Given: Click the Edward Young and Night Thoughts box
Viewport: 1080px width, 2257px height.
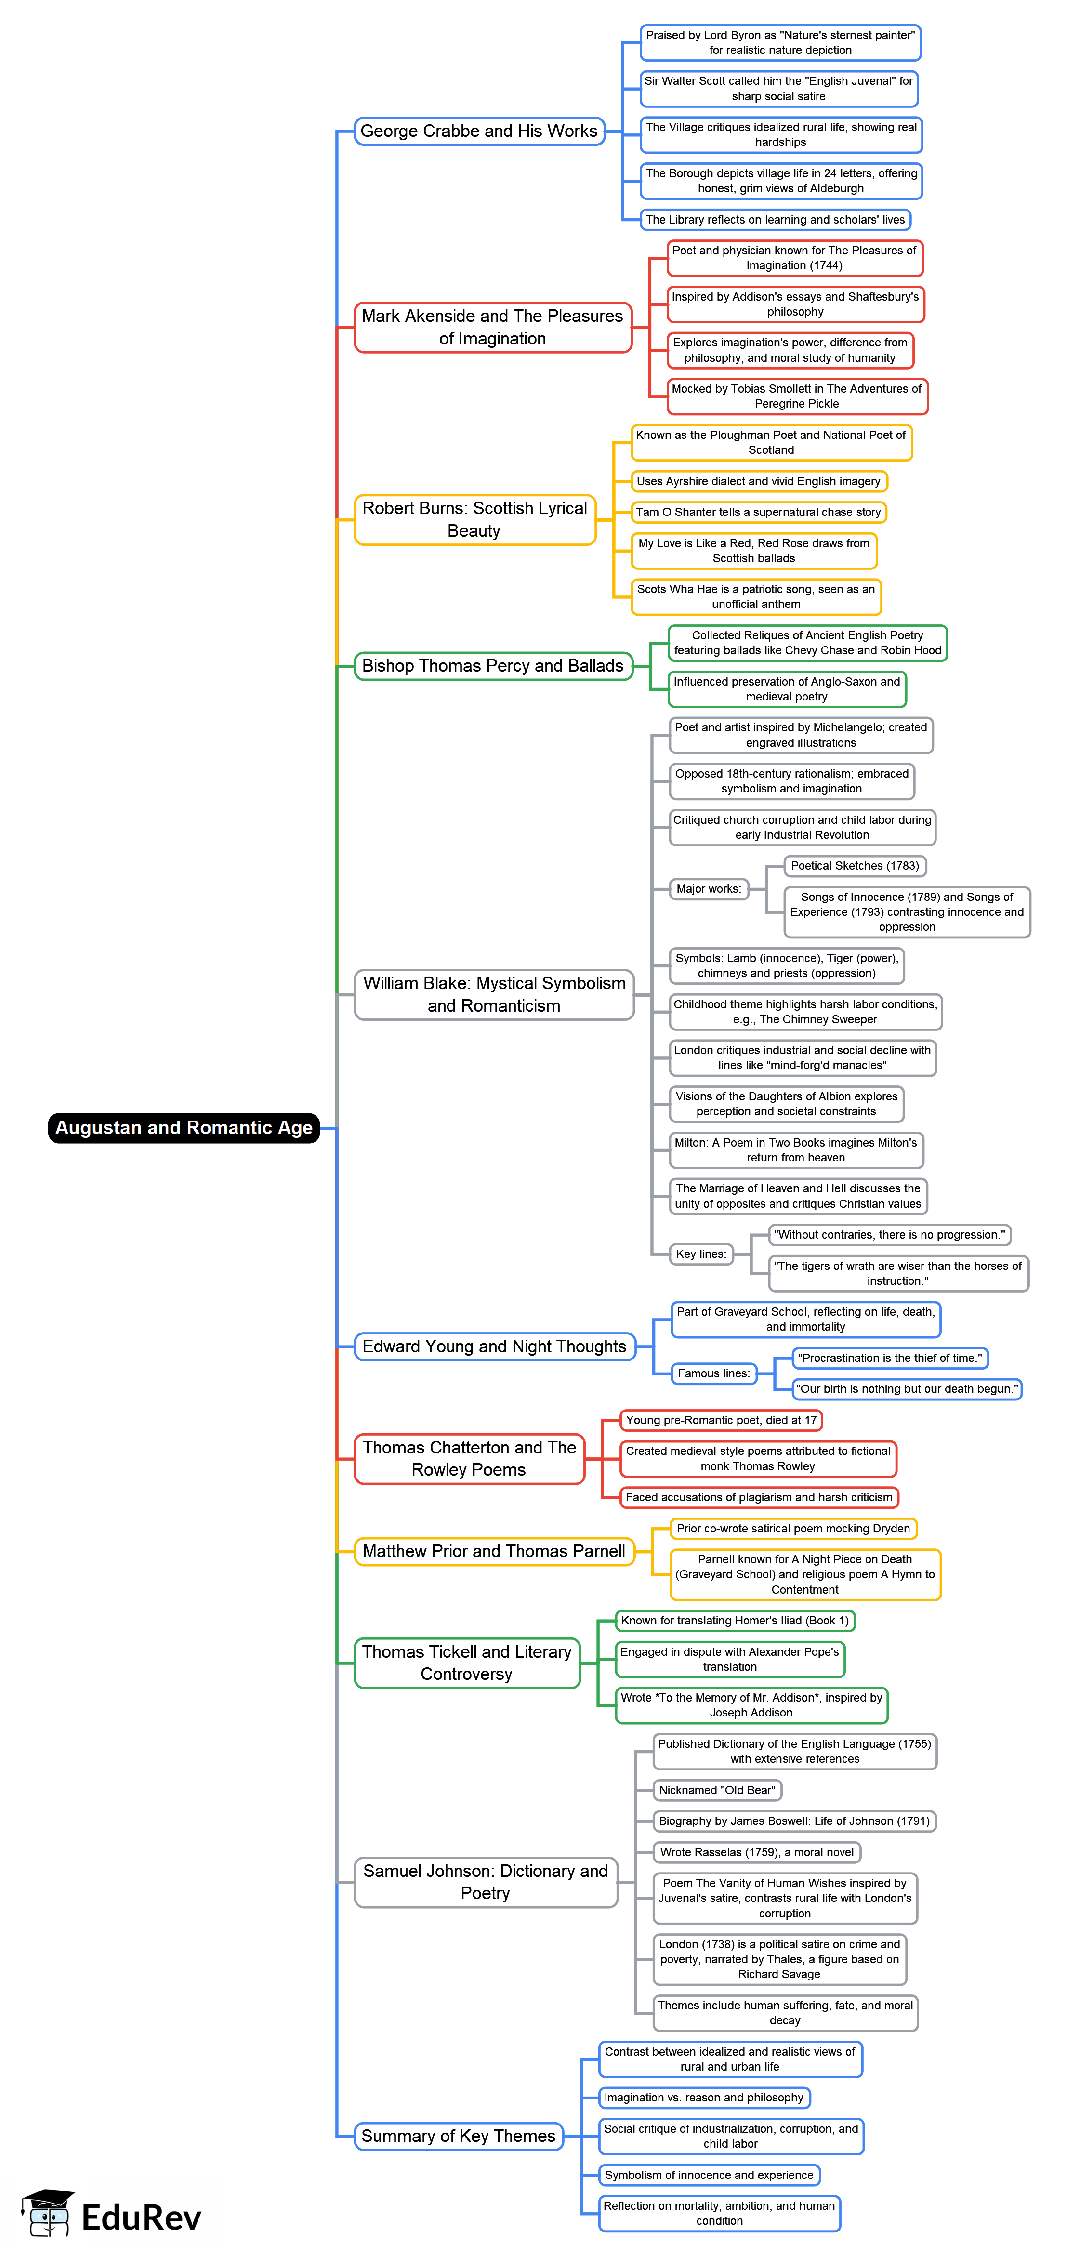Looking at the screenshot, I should coord(494,1346).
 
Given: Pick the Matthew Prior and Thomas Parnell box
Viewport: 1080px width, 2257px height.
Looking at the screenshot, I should coord(493,1551).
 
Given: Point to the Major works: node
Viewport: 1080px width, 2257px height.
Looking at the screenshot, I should coord(709,888).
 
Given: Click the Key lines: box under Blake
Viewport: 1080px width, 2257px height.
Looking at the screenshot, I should coord(701,1254).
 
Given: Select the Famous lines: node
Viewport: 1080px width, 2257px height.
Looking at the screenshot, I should coord(713,1373).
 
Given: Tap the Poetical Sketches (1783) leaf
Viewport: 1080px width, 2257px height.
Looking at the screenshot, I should coord(854,866).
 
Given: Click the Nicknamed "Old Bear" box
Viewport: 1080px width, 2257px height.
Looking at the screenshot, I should coord(716,1790).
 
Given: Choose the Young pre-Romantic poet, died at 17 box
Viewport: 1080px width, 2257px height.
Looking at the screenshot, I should coord(720,1419).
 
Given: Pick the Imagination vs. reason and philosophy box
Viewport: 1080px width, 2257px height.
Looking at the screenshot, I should coord(703,2098).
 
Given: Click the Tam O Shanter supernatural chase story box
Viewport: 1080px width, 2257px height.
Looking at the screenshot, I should coord(758,512).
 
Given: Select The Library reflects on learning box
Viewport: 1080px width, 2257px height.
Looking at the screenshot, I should coord(774,220).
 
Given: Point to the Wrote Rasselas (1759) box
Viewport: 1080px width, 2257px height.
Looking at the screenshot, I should coord(756,1852).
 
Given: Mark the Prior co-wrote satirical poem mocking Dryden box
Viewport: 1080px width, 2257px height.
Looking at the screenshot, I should coord(793,1528).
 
